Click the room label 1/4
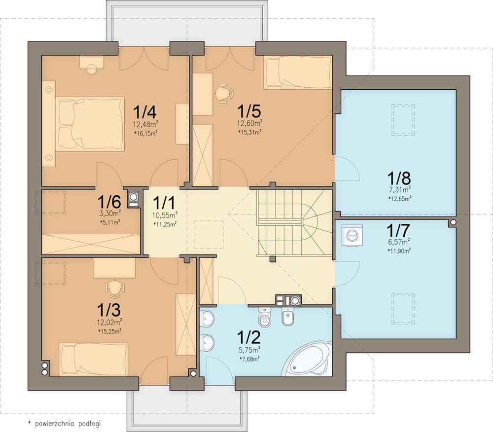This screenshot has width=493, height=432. [x=145, y=111]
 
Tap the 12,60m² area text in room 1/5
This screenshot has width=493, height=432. [x=250, y=123]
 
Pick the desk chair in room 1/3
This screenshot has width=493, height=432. [x=115, y=288]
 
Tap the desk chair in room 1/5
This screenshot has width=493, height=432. [x=224, y=93]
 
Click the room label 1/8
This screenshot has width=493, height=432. [x=398, y=178]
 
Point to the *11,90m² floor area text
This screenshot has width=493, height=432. [x=399, y=251]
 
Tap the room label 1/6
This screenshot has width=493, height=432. [x=109, y=202]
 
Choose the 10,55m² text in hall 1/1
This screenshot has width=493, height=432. [x=165, y=216]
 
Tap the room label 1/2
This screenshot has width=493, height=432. [x=248, y=337]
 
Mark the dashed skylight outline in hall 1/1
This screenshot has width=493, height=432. [x=209, y=235]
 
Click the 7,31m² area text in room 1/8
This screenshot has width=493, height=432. [x=399, y=189]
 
